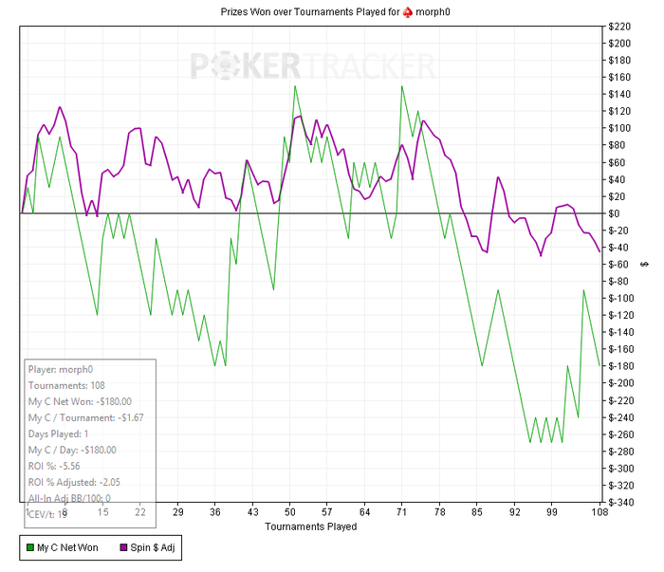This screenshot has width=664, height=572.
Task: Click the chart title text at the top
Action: point(332,11)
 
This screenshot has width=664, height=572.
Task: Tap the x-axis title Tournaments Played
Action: point(311,526)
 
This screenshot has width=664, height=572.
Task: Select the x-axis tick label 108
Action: point(598,512)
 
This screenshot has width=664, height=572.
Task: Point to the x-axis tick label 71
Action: point(402,512)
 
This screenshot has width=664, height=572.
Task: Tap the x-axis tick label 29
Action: point(177,512)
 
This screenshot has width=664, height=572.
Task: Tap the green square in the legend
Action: point(29,548)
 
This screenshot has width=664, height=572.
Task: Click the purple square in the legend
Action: point(122,548)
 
